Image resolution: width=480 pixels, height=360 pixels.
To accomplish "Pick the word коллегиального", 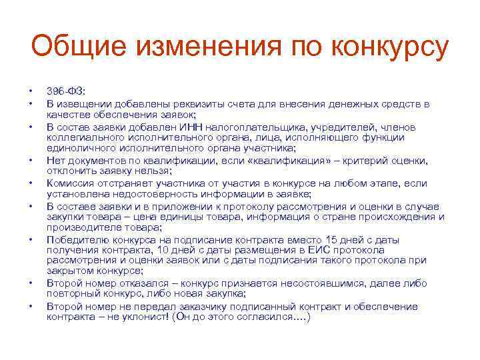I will coord(81,137).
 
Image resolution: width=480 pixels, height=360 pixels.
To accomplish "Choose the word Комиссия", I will coord(71,183).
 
